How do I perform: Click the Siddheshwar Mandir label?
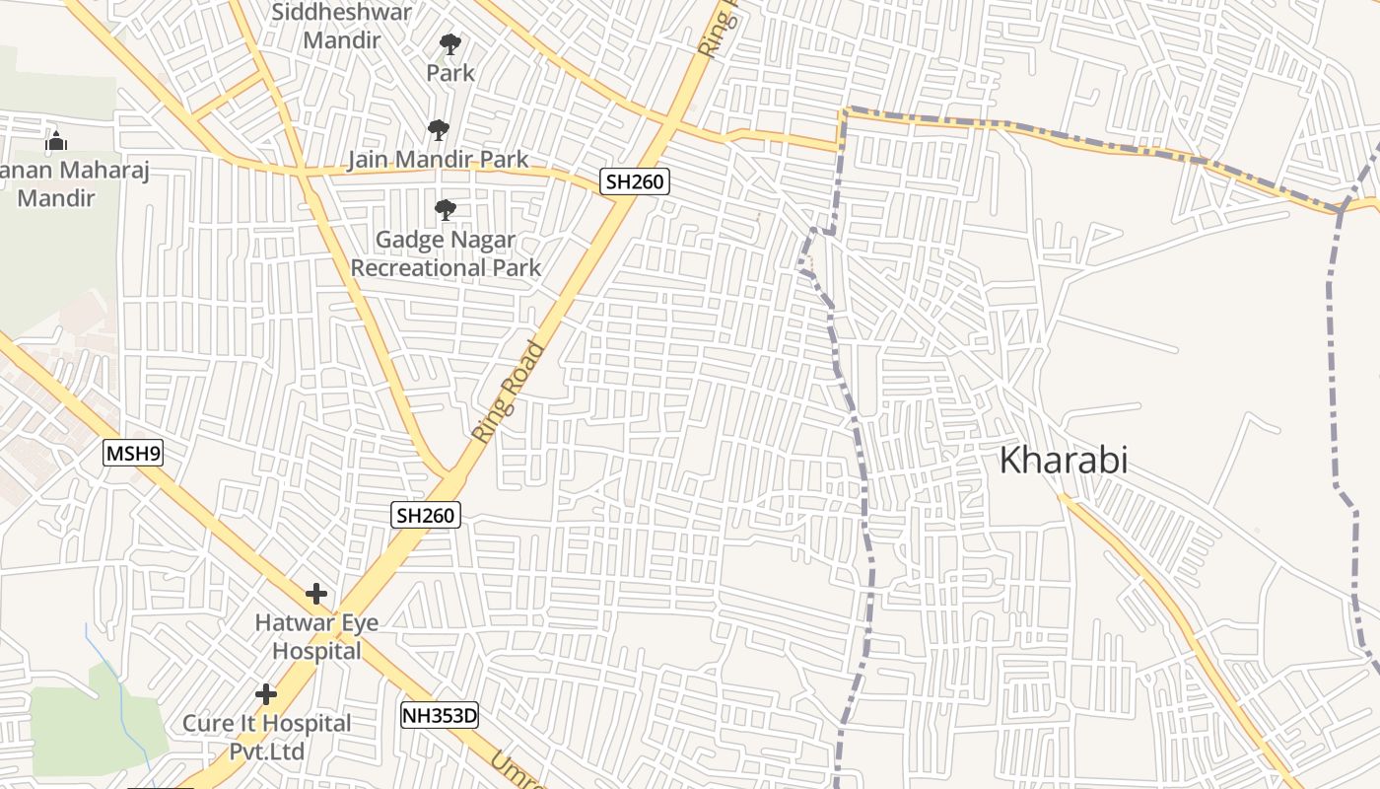[x=341, y=27]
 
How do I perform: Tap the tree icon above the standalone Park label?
[x=450, y=44]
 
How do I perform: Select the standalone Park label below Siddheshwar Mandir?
[x=450, y=72]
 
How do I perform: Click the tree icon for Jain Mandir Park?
[x=439, y=130]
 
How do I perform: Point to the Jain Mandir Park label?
[x=438, y=159]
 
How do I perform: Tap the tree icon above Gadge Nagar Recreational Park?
[x=446, y=209]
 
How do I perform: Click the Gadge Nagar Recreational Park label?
[x=446, y=253]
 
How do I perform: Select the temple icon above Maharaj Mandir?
[x=56, y=142]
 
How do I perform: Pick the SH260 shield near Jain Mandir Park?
[x=635, y=181]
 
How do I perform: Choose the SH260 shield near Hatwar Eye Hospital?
[x=426, y=514]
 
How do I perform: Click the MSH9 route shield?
[x=132, y=454]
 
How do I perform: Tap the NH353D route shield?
[x=439, y=715]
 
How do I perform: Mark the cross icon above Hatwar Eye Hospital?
[x=315, y=594]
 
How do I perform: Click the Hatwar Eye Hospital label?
[x=316, y=637]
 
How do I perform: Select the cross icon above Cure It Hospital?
[x=266, y=694]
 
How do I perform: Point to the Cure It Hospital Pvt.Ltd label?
[x=266, y=737]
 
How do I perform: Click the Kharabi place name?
[x=1064, y=460]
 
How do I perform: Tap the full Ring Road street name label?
[x=509, y=391]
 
